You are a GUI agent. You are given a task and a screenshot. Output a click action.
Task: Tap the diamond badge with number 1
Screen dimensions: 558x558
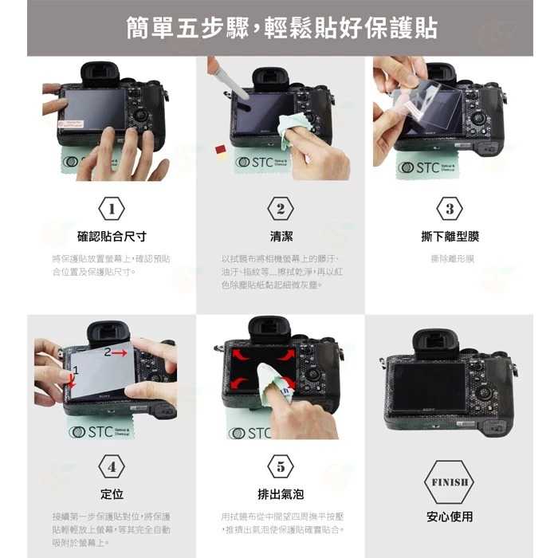[112, 209]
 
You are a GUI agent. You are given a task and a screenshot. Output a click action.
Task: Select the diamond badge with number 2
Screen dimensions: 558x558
[280, 209]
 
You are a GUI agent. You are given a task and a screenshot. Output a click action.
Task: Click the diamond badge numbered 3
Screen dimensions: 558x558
[449, 209]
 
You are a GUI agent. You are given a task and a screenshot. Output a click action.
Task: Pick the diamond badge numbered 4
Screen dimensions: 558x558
[112, 466]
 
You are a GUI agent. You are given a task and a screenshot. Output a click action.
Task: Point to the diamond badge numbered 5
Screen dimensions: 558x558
[280, 466]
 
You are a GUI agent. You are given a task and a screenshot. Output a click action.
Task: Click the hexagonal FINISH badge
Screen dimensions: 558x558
[449, 481]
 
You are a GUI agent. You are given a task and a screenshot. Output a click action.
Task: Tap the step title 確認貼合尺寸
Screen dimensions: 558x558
[112, 237]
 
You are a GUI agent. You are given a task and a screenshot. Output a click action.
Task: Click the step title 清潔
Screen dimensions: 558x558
[281, 237]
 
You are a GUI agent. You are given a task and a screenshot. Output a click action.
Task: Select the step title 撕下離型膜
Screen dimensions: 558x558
[449, 237]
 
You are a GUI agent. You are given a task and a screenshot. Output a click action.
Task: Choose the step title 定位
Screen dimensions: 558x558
[112, 494]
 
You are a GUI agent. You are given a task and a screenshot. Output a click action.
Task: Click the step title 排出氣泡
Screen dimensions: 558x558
[280, 494]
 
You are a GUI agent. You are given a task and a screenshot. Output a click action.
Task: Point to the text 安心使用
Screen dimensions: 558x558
[449, 517]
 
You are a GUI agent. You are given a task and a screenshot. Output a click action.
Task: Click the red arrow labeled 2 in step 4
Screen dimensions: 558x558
[117, 352]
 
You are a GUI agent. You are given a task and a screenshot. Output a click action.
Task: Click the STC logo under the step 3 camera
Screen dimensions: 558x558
[427, 167]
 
